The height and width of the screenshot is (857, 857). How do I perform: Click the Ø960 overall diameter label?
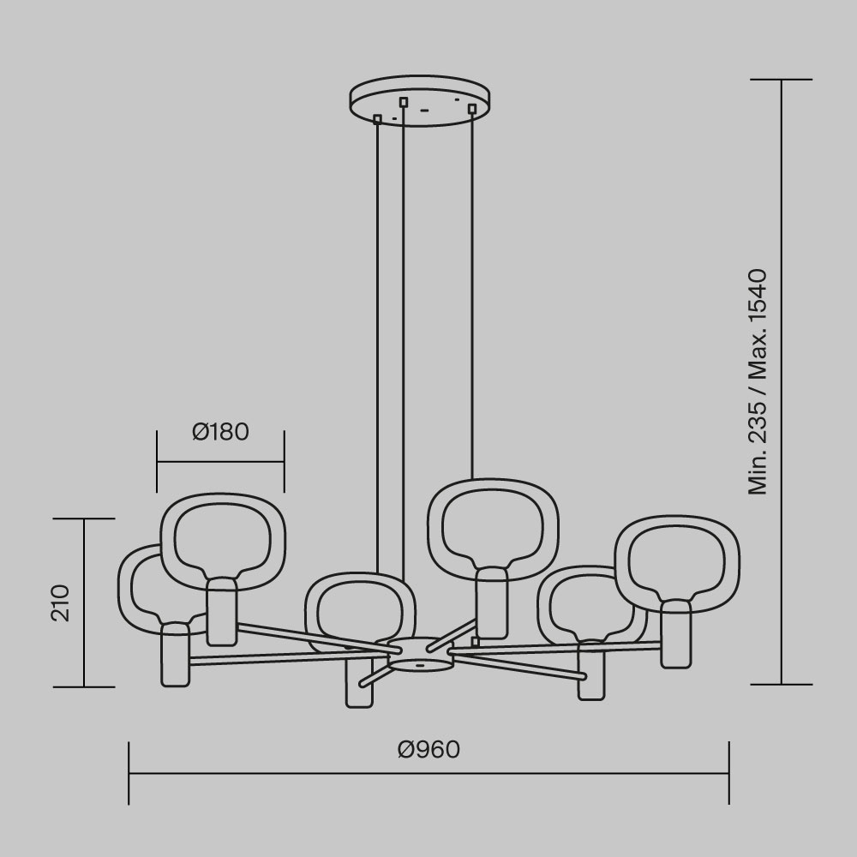point(428,750)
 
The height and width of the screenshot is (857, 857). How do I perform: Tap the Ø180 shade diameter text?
point(220,432)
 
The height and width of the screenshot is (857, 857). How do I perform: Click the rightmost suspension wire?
point(471,291)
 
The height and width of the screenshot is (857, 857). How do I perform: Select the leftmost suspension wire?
point(377,343)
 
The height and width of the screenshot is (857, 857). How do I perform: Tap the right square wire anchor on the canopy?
point(471,108)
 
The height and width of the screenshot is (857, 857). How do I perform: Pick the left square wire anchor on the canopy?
point(377,119)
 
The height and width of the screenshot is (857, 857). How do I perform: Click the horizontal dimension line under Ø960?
point(428,774)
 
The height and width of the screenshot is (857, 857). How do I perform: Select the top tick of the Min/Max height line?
point(781,80)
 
